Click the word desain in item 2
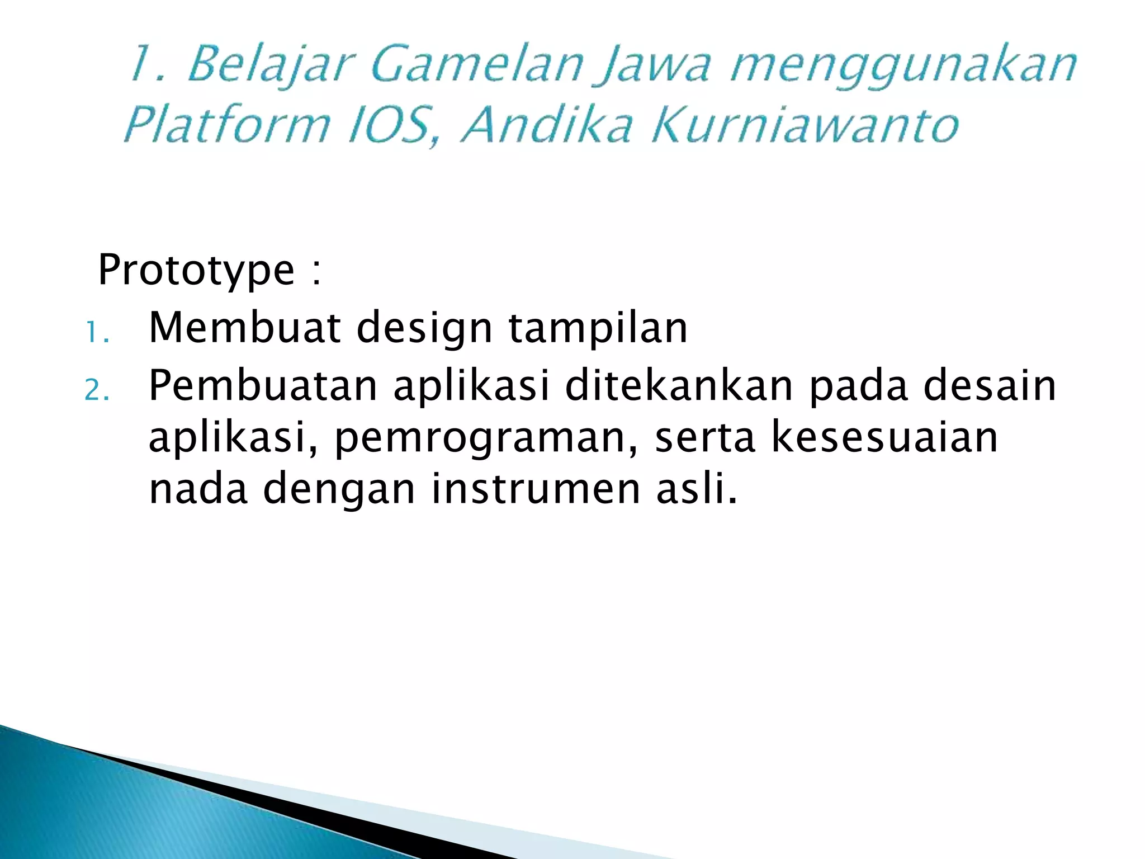click(x=990, y=386)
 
